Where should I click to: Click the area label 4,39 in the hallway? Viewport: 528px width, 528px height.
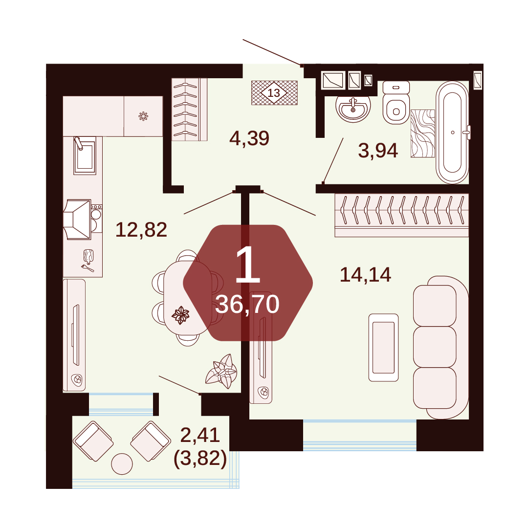coord(249,138)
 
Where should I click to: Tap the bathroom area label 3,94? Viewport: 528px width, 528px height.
coord(378,151)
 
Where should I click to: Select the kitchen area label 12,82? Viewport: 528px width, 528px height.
coord(141,230)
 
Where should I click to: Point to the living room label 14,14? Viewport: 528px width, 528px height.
coord(365,275)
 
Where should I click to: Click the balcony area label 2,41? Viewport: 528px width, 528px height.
coord(200,435)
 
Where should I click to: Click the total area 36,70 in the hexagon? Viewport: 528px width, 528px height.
coord(247,305)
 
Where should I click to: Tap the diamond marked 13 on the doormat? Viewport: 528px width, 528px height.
coord(274,92)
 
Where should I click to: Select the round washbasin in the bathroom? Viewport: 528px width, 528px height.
coord(353,108)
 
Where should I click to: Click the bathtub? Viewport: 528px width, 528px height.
coord(452,132)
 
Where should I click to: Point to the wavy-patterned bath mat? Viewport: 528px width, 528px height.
coord(423,133)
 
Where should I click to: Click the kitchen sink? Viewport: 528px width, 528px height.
coord(85,155)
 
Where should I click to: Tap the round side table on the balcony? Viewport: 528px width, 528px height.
coord(122,464)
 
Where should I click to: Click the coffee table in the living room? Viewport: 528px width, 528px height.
coord(384,348)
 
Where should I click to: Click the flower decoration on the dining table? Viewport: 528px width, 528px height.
coord(180,315)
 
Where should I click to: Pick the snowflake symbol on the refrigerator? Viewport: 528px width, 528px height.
coord(143,116)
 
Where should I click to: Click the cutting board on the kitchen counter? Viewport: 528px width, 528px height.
coord(88,257)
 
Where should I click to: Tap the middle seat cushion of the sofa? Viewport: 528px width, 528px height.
coord(435,347)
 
